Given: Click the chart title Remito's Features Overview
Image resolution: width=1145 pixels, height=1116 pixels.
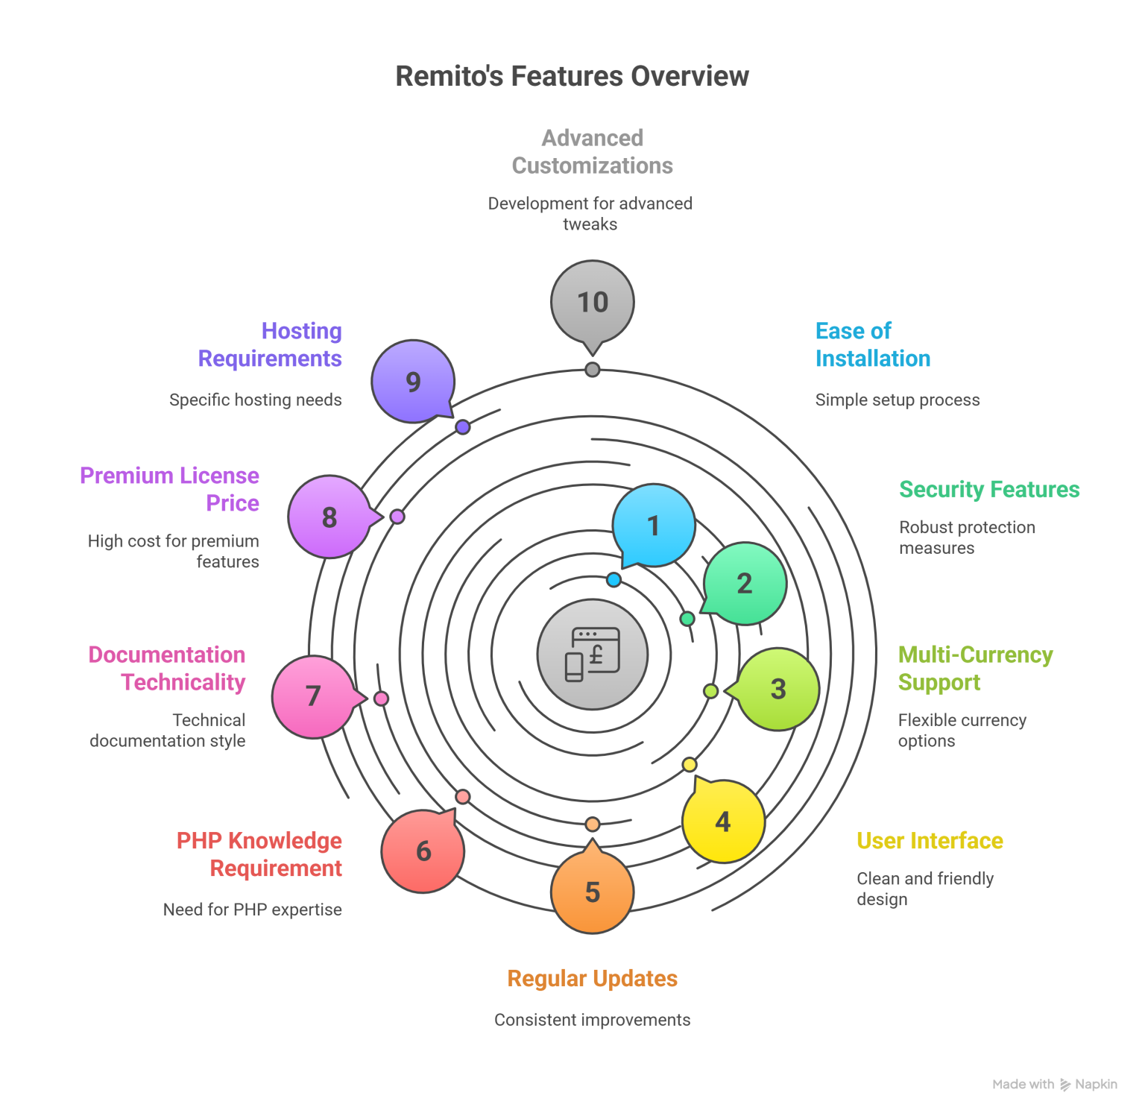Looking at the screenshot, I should [x=572, y=76].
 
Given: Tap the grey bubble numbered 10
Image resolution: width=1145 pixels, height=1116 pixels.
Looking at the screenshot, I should [x=593, y=302].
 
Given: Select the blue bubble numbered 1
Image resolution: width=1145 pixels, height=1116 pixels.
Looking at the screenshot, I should [x=654, y=525].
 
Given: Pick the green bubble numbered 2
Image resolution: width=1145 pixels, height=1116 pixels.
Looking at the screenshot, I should [x=745, y=583].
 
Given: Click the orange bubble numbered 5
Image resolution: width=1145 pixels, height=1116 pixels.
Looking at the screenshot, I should [x=593, y=892].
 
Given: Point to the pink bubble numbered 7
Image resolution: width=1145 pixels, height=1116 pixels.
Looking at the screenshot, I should [x=313, y=696].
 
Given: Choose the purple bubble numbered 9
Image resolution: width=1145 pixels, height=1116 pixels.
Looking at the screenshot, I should [x=413, y=382].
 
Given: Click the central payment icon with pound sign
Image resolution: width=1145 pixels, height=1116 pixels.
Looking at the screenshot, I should [x=593, y=655].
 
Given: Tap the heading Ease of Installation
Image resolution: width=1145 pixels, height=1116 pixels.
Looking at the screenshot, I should [x=872, y=344].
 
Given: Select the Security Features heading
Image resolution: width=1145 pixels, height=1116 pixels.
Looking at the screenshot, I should [x=988, y=490].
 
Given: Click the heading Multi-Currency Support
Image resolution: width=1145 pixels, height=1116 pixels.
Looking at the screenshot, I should [x=974, y=668].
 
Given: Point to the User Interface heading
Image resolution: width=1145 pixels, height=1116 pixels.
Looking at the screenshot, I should [x=930, y=841].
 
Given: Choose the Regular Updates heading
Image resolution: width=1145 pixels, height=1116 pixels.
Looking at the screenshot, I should [x=593, y=979].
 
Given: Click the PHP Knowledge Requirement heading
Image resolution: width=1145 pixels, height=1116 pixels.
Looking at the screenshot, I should [x=259, y=854].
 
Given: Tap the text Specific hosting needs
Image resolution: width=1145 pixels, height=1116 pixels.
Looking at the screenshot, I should [x=255, y=400].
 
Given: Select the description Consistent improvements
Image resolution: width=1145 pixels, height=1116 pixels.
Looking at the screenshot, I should [x=593, y=1020].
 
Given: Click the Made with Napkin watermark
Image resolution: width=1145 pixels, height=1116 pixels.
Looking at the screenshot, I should [x=1055, y=1084].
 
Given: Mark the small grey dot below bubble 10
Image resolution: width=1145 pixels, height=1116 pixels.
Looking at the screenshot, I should [x=593, y=370].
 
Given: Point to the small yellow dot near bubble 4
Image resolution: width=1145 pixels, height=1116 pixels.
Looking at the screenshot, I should [x=690, y=764].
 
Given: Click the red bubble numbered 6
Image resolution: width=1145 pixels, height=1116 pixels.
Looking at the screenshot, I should [x=423, y=851].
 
